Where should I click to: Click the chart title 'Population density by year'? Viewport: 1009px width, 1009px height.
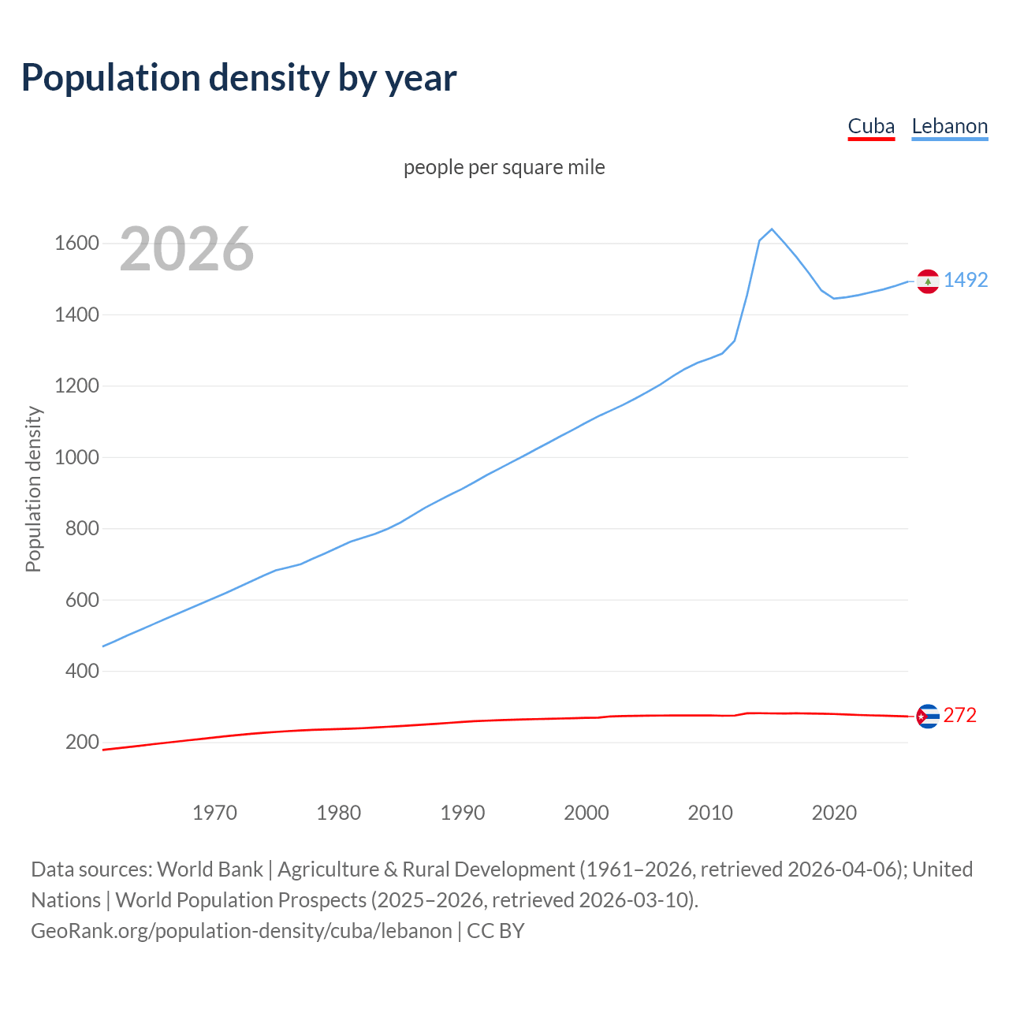coord(239,78)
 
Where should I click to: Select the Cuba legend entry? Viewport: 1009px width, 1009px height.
coord(871,126)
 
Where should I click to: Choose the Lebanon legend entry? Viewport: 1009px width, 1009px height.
coord(949,126)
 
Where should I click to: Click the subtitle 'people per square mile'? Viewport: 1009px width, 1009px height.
coord(504,167)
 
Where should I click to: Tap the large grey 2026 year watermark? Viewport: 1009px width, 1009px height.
coord(187,249)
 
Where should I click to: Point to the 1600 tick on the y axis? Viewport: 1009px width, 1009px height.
coord(76,243)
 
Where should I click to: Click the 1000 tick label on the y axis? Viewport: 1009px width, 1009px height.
coord(76,457)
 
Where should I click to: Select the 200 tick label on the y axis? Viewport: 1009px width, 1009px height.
coord(82,742)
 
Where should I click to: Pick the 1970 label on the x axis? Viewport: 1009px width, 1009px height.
coord(214,813)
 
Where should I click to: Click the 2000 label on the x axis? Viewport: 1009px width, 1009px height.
coord(586,813)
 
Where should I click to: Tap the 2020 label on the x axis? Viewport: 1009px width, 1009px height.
coord(834,813)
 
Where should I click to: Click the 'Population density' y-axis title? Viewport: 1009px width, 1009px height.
coord(33,489)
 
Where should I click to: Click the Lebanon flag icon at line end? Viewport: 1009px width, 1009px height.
coord(928,281)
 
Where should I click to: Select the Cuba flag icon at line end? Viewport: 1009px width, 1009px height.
coord(928,716)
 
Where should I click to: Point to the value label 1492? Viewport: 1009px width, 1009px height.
coord(966,280)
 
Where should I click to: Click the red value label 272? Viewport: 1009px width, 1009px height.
coord(960,715)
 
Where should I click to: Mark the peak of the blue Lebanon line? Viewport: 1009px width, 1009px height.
coord(772,229)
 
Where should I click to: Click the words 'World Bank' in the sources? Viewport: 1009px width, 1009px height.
coord(210,869)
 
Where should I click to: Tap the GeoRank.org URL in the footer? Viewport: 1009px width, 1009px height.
coord(241,931)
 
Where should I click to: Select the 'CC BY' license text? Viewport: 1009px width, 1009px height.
coord(496,931)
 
